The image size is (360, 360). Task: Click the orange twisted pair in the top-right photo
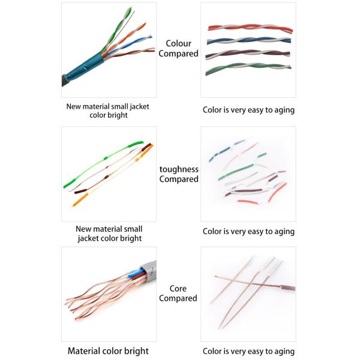(x=249, y=28)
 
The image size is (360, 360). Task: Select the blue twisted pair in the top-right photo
(x=249, y=41)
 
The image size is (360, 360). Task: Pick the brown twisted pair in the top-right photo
(x=249, y=55)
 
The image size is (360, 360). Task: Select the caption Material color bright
(x=108, y=350)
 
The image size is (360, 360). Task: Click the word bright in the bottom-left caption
(x=137, y=350)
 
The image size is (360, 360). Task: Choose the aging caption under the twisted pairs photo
(x=248, y=110)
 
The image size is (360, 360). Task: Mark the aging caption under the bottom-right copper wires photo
(x=248, y=351)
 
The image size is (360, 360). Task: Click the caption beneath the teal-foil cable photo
(x=108, y=110)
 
